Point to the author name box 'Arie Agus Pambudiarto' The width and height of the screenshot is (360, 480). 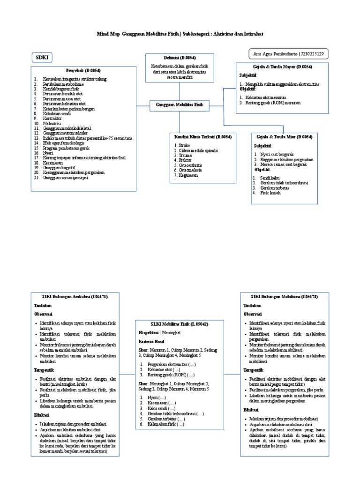[x=286, y=54]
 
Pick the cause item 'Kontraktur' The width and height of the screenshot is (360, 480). [x=53, y=119]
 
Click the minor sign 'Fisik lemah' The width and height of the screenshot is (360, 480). [x=270, y=193]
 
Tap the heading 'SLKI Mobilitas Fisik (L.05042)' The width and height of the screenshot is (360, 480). [x=173, y=324]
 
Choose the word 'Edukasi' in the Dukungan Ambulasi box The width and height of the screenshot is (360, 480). [x=41, y=415]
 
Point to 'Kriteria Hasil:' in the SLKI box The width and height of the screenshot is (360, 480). [x=152, y=341]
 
